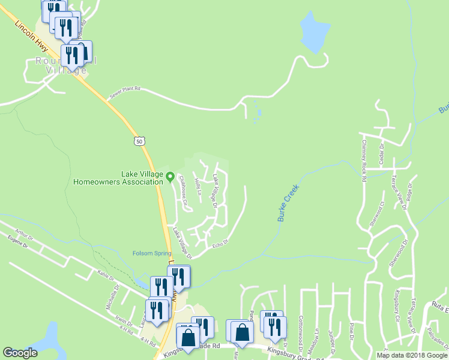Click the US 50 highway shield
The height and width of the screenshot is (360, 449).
[139, 141]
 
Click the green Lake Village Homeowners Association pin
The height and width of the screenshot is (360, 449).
[170, 176]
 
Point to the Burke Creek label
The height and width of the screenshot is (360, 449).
[288, 203]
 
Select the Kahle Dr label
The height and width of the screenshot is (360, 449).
[104, 274]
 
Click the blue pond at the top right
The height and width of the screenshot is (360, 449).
[314, 32]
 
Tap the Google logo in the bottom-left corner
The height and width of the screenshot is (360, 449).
[19, 353]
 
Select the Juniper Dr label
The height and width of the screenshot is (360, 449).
[331, 338]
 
